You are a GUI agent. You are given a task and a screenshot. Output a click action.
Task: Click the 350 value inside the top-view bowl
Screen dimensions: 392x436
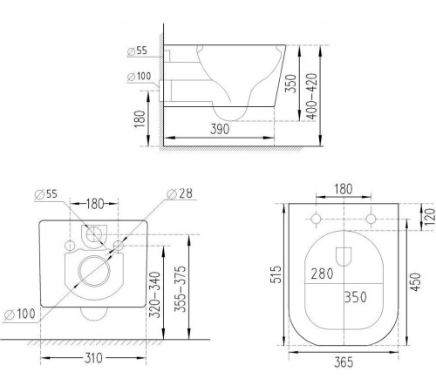click(355, 297)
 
